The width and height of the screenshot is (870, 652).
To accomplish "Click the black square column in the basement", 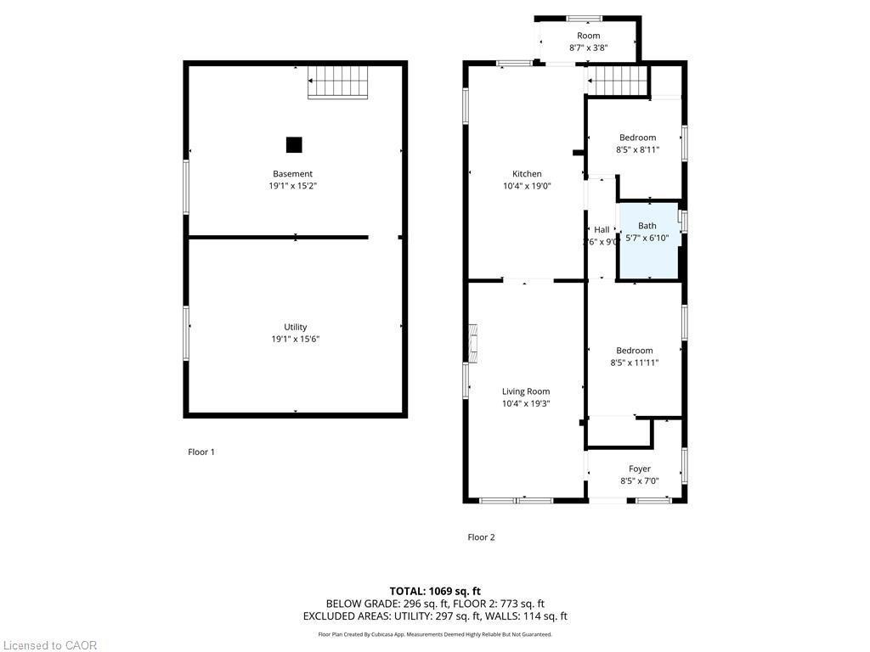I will point(294,145).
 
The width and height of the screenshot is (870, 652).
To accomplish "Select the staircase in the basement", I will point(337,82).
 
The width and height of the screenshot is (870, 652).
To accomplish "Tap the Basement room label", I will point(293,174).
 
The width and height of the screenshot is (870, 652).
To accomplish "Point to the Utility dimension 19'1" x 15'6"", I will point(296,339).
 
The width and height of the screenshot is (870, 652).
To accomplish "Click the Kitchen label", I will point(527,174).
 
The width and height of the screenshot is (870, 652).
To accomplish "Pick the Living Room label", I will point(526,391).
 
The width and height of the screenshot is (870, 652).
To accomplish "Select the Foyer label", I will point(640,469).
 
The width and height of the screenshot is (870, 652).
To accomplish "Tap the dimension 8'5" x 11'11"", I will point(635,363).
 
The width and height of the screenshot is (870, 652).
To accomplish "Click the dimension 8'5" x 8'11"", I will point(637,150).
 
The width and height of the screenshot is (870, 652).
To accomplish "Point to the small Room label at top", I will point(589,36).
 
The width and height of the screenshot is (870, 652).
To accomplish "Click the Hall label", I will point(602,230).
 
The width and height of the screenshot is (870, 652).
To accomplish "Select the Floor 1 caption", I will point(201,452).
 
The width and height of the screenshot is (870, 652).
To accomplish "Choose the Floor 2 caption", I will point(481,537).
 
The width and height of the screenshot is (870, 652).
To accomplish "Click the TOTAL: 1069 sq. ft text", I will point(435,591).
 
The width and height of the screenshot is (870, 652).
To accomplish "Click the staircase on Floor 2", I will point(618,82).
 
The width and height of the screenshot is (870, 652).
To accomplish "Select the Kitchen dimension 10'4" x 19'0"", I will point(527,186).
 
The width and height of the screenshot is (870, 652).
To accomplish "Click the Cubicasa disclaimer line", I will point(435,634).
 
